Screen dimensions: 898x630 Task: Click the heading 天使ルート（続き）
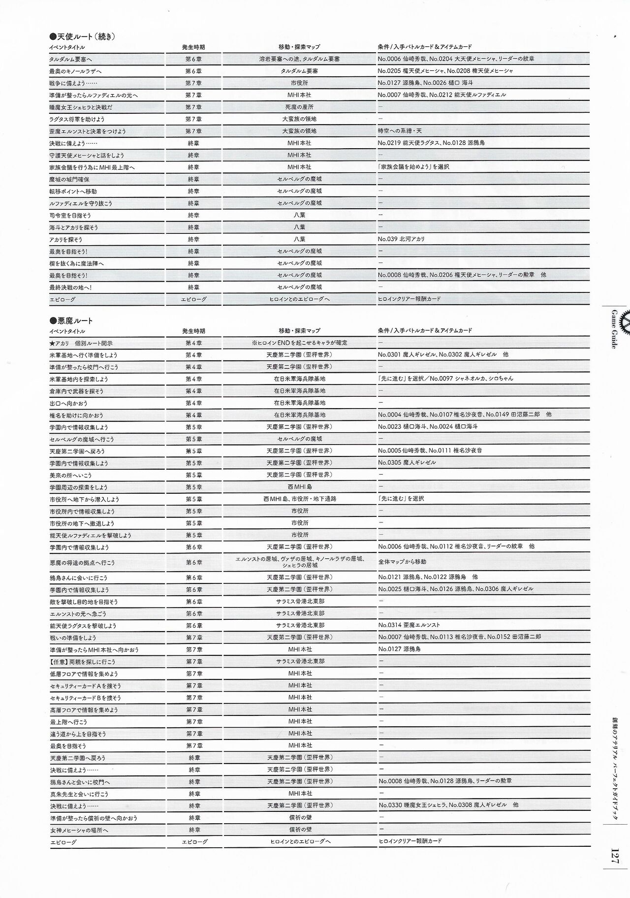click(82, 36)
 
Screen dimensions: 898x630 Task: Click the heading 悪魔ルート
click(71, 321)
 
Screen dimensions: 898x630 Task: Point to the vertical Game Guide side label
click(614, 329)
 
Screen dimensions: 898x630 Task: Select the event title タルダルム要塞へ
click(70, 59)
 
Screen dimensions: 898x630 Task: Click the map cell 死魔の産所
click(299, 107)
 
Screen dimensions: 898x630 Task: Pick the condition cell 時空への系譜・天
click(400, 131)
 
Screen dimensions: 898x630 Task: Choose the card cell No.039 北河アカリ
click(401, 239)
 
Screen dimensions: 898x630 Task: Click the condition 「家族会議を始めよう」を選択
click(413, 167)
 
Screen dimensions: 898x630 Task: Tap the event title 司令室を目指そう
click(70, 216)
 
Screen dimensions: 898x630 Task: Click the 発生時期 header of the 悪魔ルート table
click(193, 331)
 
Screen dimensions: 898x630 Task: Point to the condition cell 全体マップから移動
click(402, 562)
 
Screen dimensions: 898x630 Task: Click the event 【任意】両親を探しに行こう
click(82, 662)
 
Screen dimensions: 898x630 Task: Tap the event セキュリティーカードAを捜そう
click(85, 686)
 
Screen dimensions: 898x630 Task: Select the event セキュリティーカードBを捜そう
click(85, 698)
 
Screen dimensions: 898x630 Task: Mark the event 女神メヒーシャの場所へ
click(78, 830)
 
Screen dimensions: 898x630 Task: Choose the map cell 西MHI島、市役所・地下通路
click(299, 499)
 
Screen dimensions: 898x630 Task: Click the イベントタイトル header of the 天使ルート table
click(67, 47)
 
